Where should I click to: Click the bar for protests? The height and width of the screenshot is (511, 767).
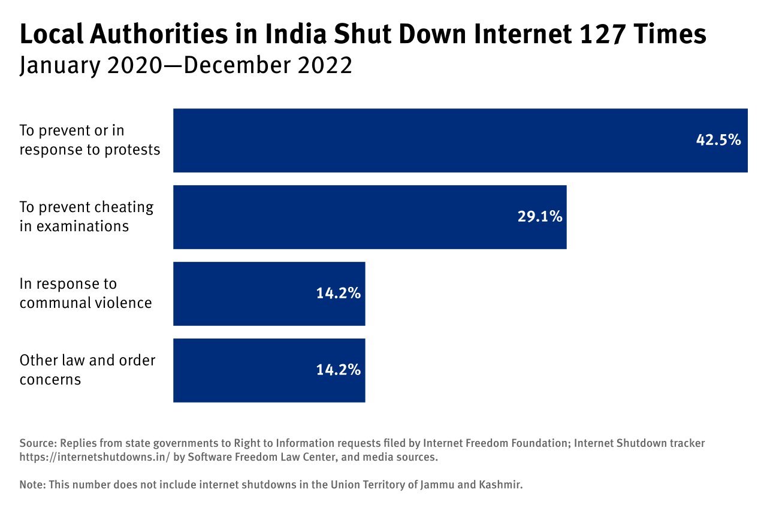tap(419, 140)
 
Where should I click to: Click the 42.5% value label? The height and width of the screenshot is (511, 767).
tap(718, 140)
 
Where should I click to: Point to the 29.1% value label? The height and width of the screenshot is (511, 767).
tap(539, 217)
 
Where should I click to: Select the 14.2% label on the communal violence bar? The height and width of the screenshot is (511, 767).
tap(338, 294)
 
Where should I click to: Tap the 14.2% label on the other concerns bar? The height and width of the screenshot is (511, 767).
tap(338, 370)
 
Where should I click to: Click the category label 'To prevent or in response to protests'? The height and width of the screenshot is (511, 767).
tap(90, 140)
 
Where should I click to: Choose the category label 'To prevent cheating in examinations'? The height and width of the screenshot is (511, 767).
tap(86, 216)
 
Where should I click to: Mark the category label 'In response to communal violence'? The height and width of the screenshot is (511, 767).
tap(85, 293)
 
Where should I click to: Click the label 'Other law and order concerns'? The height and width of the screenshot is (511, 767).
tap(87, 370)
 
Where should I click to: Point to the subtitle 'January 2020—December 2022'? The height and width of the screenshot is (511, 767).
tap(186, 66)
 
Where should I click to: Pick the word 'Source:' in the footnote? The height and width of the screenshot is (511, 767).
tap(37, 444)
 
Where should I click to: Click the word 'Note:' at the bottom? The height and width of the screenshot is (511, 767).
tap(32, 485)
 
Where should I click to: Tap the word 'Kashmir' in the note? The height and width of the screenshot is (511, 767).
tap(503, 485)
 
